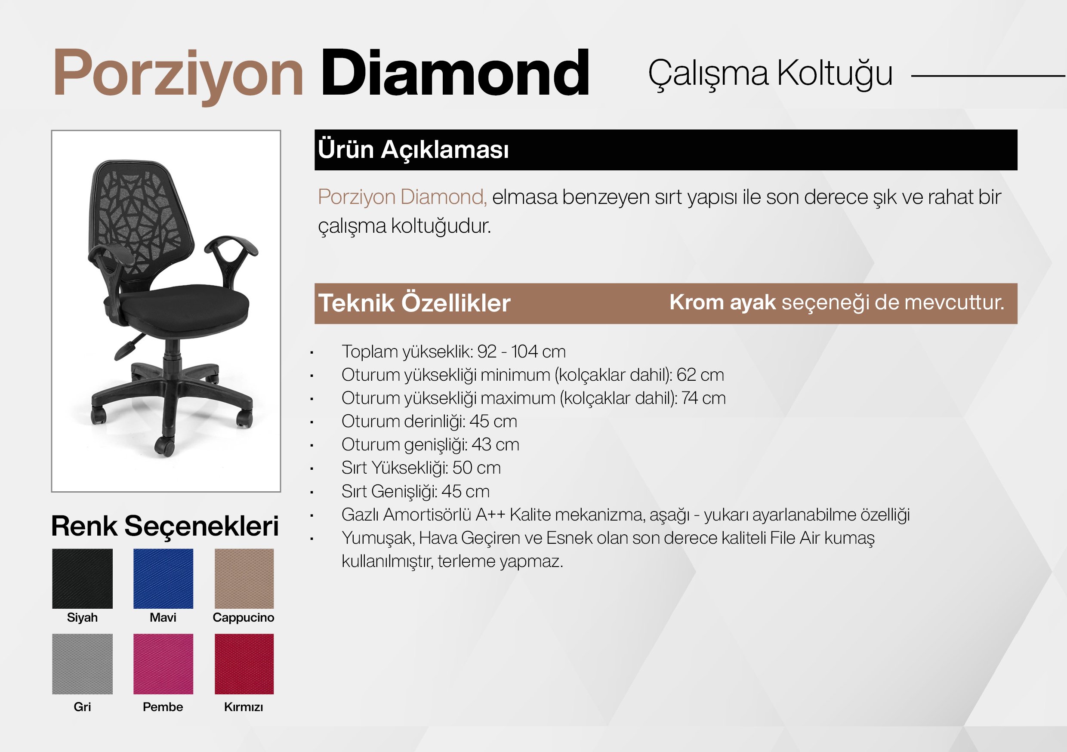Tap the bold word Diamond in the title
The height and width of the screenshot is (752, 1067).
click(x=455, y=73)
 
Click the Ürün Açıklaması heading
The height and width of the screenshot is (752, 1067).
click(x=413, y=150)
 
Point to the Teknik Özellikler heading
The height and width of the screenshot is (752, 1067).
click(x=414, y=303)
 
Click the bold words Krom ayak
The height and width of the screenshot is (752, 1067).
click(x=722, y=302)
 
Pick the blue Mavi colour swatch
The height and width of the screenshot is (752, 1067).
click(x=163, y=579)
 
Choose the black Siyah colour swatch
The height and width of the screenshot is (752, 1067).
click(x=82, y=579)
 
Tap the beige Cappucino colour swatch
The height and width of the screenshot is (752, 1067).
click(x=244, y=579)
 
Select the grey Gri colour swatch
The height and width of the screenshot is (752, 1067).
click(x=82, y=664)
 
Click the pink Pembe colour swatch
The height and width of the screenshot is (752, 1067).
click(x=163, y=664)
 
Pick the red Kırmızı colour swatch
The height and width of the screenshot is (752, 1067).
click(x=244, y=664)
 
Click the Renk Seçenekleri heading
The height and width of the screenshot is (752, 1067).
click(x=165, y=526)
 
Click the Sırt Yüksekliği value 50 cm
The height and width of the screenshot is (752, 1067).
click(x=477, y=468)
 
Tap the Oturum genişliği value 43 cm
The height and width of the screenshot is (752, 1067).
click(x=495, y=444)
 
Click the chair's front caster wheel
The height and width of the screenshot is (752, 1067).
click(x=164, y=446)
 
